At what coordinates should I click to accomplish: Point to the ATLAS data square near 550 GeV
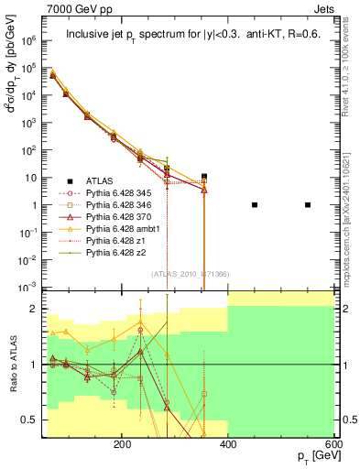(308, 205)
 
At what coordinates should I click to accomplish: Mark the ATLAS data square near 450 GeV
(255, 205)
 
